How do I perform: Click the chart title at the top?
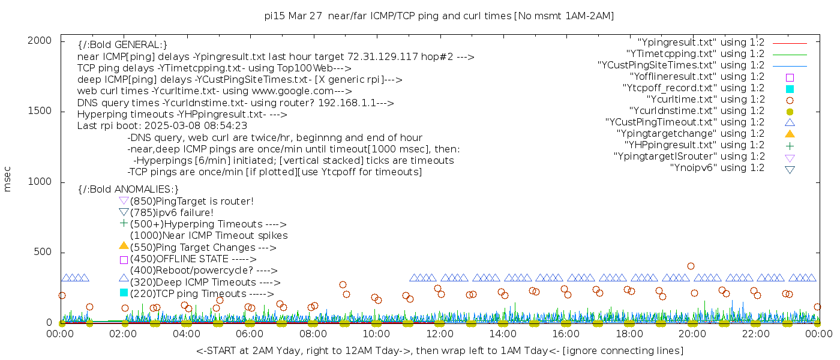pos(439,16)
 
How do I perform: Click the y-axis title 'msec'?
pos(8,179)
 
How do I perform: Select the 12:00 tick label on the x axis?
pos(440,334)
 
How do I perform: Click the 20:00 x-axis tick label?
pos(692,334)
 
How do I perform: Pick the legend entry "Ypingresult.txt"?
pos(701,43)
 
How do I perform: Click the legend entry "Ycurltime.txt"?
pos(705,100)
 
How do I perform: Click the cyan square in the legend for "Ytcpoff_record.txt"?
pos(790,88)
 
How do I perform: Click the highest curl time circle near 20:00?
pos(691,266)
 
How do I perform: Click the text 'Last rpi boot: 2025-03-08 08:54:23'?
pos(162,126)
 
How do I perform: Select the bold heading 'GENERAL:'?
pos(122,45)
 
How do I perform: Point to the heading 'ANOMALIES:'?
pos(128,190)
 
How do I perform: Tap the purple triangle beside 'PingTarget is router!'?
pos(124,201)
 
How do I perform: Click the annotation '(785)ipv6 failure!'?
pos(172,213)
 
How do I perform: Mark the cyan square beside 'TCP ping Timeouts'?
pos(124,293)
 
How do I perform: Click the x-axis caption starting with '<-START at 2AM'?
pos(439,350)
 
